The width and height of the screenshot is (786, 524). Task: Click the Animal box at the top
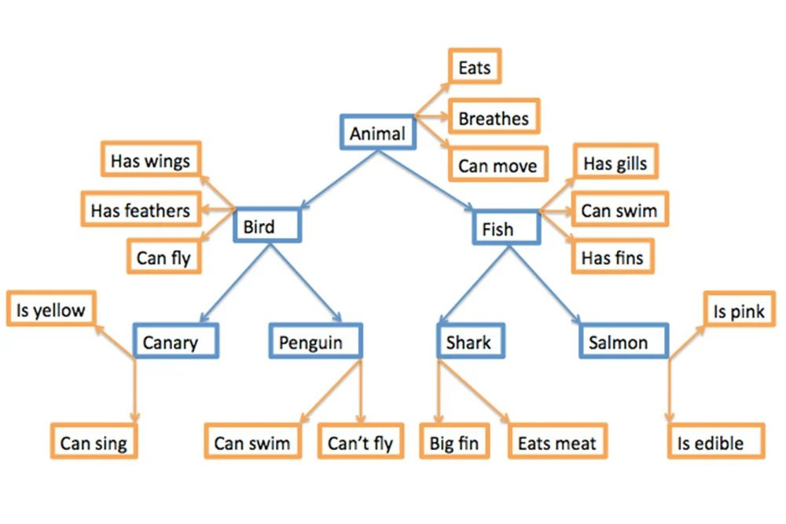coord(377,134)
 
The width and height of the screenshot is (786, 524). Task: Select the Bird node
coord(267,227)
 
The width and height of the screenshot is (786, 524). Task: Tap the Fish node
coord(506,229)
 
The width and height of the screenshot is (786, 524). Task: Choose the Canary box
coord(174,342)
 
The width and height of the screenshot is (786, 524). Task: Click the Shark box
coord(469,342)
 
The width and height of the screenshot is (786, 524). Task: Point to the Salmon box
coord(624,342)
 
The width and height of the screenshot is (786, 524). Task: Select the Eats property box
coord(474,68)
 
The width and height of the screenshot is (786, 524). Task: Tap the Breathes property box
coord(494,118)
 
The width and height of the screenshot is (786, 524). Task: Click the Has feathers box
coord(141,210)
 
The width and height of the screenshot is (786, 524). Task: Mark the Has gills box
coord(615,163)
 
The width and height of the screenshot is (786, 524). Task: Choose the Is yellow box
coord(50,310)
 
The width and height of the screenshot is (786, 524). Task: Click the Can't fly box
coord(360,442)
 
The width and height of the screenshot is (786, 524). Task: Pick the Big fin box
coord(454,442)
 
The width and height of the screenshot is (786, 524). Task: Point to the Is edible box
coord(716,442)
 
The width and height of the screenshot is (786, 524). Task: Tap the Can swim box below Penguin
coord(252,442)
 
